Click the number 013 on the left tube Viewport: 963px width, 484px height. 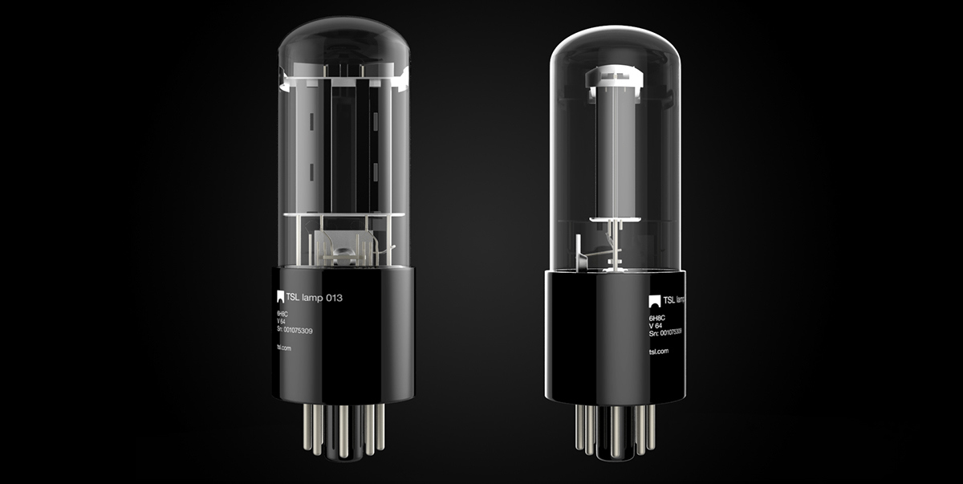[x=331, y=298]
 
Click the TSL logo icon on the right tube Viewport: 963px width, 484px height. [x=655, y=301]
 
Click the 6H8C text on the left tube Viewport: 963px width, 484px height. [x=284, y=314]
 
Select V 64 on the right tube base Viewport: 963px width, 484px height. [x=655, y=326]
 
